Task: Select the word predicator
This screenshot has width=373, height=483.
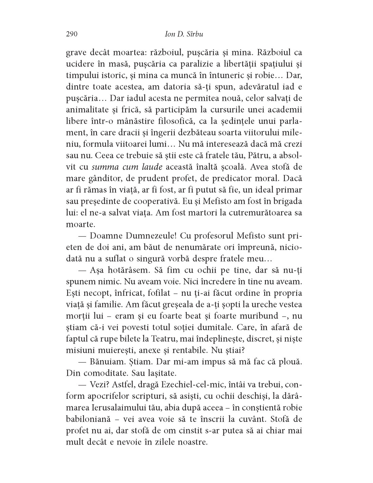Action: (x=233, y=178)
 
